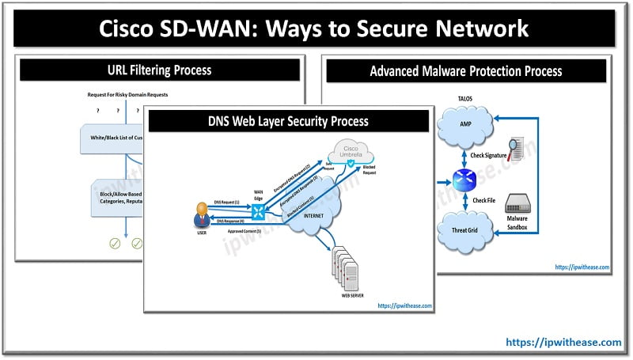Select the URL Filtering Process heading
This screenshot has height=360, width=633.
[159, 70]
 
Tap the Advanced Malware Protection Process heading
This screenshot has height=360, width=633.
[466, 71]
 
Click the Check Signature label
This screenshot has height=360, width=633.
[489, 155]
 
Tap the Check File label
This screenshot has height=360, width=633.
[484, 201]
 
